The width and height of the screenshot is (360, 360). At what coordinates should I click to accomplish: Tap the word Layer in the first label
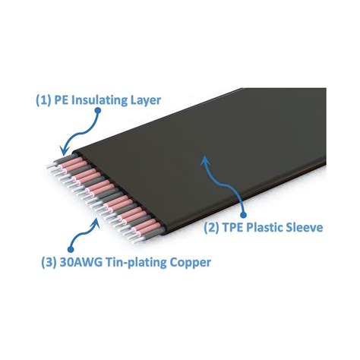(x=146, y=101)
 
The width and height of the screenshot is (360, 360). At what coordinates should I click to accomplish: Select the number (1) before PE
(x=44, y=101)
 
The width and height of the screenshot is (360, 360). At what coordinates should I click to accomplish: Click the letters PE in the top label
(x=62, y=100)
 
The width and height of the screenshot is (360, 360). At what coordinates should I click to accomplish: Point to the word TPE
(x=233, y=227)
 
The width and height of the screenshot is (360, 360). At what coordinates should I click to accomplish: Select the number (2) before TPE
(x=212, y=228)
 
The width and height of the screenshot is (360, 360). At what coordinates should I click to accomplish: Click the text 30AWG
(x=81, y=262)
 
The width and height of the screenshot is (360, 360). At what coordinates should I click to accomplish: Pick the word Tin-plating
(x=136, y=263)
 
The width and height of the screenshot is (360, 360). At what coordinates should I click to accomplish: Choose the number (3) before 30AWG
(x=49, y=263)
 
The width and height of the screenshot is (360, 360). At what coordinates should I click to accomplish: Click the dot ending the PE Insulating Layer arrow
(x=98, y=110)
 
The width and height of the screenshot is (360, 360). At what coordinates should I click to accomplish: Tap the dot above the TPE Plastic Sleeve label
(x=243, y=215)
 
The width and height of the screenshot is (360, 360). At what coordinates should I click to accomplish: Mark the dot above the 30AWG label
(x=71, y=249)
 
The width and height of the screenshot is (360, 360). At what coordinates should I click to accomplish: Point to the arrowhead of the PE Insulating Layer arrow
(x=64, y=150)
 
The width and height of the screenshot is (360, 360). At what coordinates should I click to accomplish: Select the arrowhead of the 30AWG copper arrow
(x=96, y=223)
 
